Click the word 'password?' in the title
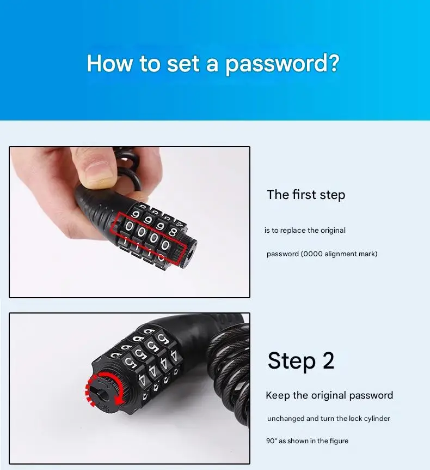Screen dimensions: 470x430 click(x=282, y=64)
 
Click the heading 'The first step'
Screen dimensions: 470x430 click(x=306, y=195)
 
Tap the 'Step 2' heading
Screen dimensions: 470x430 click(x=300, y=361)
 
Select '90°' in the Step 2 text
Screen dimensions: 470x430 click(x=272, y=441)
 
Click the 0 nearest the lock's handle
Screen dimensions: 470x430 click(x=129, y=226)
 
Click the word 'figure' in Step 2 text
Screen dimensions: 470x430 click(x=337, y=441)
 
